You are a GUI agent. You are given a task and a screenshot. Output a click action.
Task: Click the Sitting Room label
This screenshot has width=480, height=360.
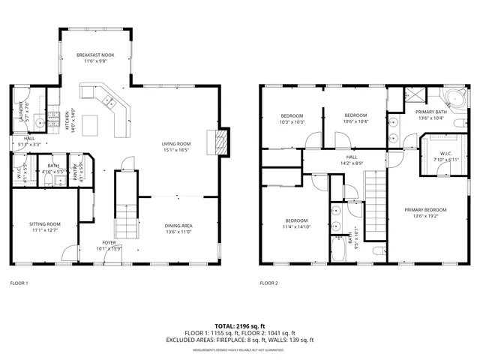pyautogui.click(x=45, y=224)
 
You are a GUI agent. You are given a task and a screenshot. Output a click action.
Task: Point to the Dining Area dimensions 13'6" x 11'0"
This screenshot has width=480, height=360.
pyautogui.click(x=178, y=232)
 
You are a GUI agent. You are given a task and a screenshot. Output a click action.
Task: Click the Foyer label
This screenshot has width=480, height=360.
pyautogui.click(x=109, y=243)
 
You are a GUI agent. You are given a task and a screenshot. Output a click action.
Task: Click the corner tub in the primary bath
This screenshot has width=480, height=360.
pyautogui.click(x=453, y=97)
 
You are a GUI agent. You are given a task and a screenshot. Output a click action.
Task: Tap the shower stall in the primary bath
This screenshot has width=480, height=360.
pyautogui.click(x=412, y=96)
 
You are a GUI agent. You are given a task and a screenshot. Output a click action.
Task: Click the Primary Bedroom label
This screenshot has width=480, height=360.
pyautogui.click(x=425, y=209)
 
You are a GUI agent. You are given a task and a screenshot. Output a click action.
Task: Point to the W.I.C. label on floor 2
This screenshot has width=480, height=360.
pyautogui.click(x=444, y=153)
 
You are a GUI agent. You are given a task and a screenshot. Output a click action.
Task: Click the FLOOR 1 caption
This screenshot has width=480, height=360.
pyautogui.click(x=19, y=283)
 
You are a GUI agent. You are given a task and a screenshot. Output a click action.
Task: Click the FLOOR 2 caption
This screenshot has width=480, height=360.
pyautogui.click(x=268, y=283)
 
